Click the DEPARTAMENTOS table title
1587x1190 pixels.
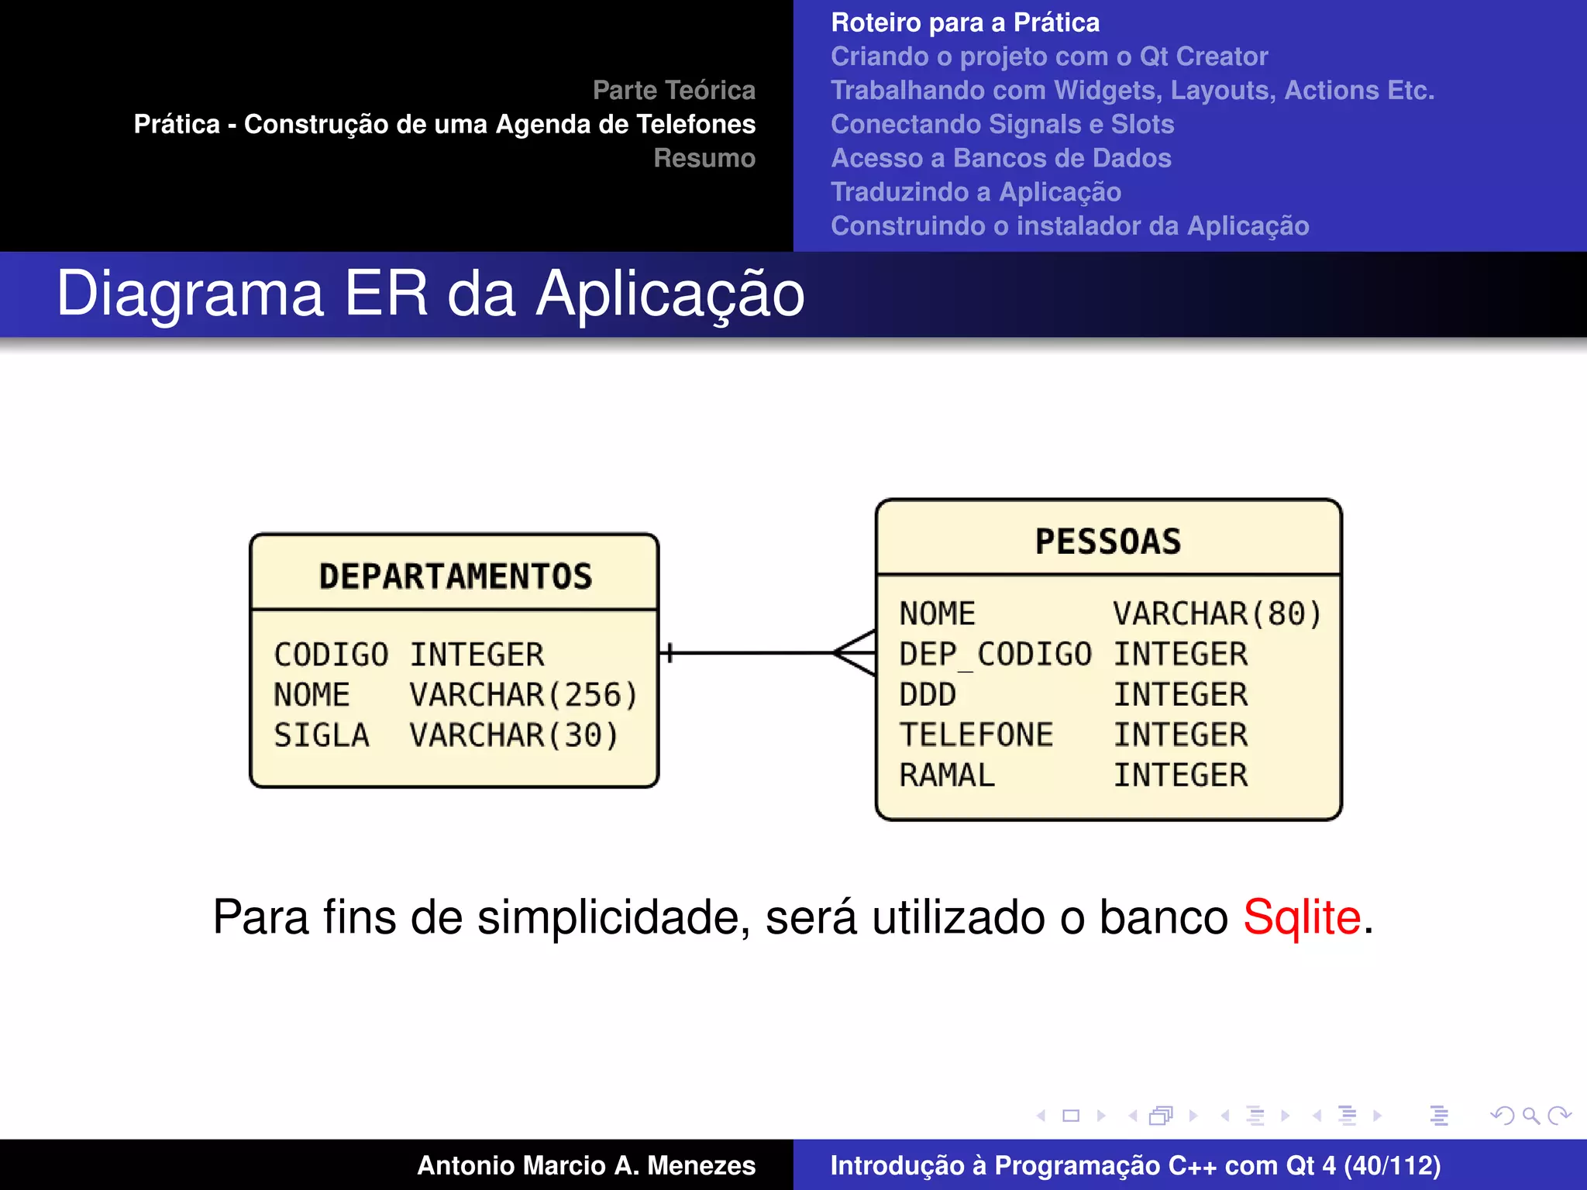[455, 576]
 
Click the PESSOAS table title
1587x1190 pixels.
[1108, 542]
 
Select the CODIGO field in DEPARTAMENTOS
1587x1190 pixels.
[331, 655]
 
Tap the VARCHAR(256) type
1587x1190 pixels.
[523, 696]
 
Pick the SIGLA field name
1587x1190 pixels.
[322, 736]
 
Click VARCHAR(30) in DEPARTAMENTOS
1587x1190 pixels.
[514, 736]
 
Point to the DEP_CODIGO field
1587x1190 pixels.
[995, 655]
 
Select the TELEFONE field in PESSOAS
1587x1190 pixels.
[976, 735]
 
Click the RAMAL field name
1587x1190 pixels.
[947, 776]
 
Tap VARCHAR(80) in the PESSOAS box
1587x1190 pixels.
[1217, 614]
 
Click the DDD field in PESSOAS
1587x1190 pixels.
[928, 695]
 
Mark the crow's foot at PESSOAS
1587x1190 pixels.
[855, 653]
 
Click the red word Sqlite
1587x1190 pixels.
[1302, 917]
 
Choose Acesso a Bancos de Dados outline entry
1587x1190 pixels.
[1000, 158]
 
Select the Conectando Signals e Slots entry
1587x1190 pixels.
[1002, 124]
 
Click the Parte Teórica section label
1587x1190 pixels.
[673, 90]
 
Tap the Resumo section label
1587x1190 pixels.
[704, 158]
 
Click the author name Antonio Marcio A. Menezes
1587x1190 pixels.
[586, 1165]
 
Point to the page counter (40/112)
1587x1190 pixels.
[1392, 1165]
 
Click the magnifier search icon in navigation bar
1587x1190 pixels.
[1530, 1116]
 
